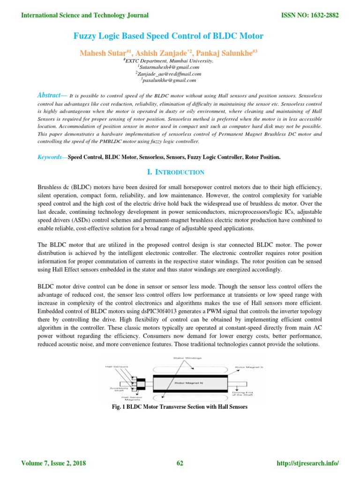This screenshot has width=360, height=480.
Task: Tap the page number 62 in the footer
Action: (180, 464)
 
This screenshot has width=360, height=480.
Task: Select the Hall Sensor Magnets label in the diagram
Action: (119, 397)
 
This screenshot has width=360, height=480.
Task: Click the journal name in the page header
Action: (85, 15)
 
